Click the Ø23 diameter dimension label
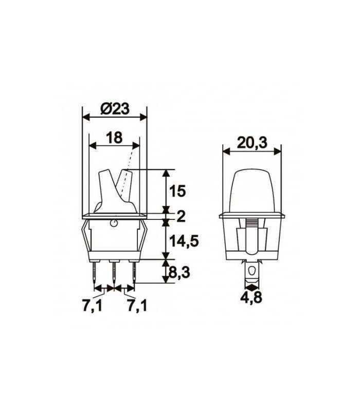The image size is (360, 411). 115,108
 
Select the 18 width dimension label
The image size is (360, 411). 114,138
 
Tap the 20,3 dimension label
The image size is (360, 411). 252,143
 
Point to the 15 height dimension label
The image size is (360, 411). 177,191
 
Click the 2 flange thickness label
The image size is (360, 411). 181,216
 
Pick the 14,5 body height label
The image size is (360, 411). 184,241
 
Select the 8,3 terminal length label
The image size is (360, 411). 179,273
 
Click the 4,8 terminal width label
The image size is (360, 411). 251,297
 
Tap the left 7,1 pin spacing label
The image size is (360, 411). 92,306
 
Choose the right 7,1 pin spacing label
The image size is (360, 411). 137,306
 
